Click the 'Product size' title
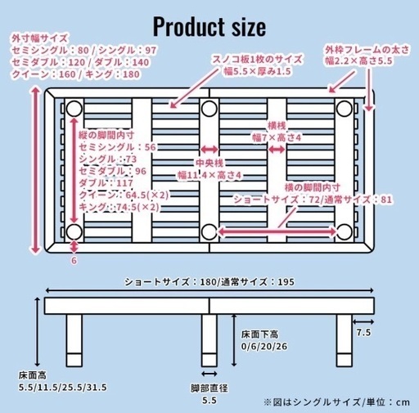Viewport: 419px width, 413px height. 209,27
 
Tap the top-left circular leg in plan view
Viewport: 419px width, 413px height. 74,109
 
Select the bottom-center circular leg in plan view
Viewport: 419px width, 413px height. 209,232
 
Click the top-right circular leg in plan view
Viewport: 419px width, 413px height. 345,109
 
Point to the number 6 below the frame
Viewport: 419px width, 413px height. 74,261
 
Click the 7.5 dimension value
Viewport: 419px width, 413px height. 363,333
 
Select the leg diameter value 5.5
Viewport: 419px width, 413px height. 209,401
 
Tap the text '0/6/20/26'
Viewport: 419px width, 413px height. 264,347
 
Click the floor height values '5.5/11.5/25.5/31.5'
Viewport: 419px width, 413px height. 62,388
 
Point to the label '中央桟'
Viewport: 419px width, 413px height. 209,163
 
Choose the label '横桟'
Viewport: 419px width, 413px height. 277,126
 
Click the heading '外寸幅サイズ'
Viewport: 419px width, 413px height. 39,38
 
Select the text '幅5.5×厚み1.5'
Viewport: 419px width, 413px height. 258,71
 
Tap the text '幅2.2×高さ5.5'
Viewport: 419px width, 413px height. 358,61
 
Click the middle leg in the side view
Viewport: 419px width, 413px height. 209,340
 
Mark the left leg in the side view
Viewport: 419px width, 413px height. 74,340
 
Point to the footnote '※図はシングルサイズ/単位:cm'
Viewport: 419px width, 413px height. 336,402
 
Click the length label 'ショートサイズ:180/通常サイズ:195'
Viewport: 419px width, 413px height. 209,282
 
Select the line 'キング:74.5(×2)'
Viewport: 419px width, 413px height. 119,207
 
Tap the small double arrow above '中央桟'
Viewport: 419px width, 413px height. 209,149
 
